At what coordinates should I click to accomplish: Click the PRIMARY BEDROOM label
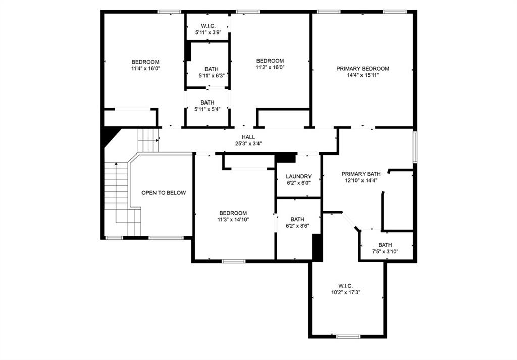tap(363, 69)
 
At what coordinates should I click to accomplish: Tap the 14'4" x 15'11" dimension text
tap(363, 75)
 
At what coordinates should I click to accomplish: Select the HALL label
tap(248, 137)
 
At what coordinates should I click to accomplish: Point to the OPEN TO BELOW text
tap(164, 193)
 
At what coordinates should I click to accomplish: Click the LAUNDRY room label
tap(299, 176)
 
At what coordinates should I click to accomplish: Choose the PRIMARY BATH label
tap(361, 174)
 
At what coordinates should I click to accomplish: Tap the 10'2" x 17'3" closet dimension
tap(345, 292)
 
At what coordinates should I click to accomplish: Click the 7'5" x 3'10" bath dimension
tap(385, 252)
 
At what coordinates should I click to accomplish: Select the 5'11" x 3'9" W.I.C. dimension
tap(208, 32)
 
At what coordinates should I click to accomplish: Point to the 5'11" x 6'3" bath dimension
tap(212, 76)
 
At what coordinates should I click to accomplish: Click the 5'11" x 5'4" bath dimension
tap(207, 109)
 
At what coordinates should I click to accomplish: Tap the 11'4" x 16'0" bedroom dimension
tap(145, 69)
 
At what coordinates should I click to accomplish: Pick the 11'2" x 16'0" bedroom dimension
tap(270, 67)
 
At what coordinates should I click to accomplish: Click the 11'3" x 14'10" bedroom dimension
tap(233, 220)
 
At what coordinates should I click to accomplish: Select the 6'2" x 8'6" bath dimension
tap(297, 226)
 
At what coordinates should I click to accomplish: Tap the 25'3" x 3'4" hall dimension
tap(248, 144)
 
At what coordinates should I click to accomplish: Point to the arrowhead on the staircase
tap(116, 164)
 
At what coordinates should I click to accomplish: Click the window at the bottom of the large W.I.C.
tap(348, 337)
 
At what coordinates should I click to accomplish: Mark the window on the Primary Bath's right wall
tap(415, 147)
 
